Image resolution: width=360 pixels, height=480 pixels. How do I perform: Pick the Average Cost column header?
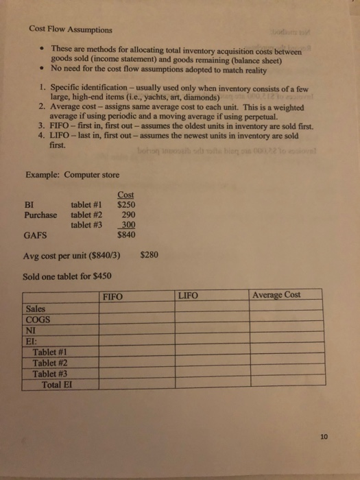click(x=276, y=295)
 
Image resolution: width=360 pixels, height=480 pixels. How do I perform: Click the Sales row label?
click(x=36, y=308)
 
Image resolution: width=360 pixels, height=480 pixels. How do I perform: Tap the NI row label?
click(x=31, y=330)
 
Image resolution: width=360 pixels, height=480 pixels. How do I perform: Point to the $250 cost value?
click(x=125, y=204)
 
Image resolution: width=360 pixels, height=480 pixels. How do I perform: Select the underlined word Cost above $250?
click(x=126, y=194)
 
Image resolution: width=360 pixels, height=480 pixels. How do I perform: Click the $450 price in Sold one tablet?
click(x=100, y=277)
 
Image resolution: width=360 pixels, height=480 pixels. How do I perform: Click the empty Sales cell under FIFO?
click(x=136, y=308)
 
